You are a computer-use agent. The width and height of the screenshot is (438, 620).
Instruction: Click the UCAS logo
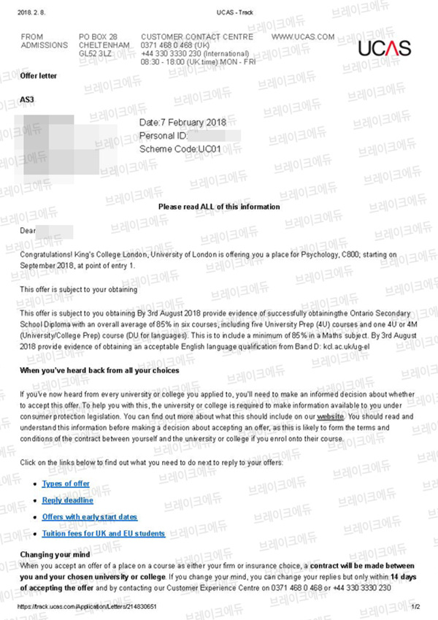tap(384, 48)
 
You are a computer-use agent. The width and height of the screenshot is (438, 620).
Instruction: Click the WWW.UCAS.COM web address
tap(302, 37)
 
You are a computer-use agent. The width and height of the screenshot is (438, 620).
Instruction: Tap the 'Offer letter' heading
tap(38, 76)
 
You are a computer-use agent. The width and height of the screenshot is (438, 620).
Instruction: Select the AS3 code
tap(27, 99)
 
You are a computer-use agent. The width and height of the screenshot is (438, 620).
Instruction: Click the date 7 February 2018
tap(182, 122)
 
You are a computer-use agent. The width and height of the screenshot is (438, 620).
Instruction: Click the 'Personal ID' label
tap(163, 136)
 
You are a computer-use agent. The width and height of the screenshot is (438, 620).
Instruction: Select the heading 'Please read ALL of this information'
tap(219, 207)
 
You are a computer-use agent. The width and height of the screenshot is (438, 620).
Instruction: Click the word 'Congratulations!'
tap(47, 254)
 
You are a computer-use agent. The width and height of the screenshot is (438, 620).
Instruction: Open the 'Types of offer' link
tap(66, 483)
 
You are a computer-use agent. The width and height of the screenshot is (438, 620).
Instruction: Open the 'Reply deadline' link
tap(68, 500)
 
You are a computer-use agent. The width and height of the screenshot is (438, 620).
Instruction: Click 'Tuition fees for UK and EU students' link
tap(104, 534)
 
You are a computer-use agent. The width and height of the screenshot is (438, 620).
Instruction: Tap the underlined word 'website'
tap(330, 416)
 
